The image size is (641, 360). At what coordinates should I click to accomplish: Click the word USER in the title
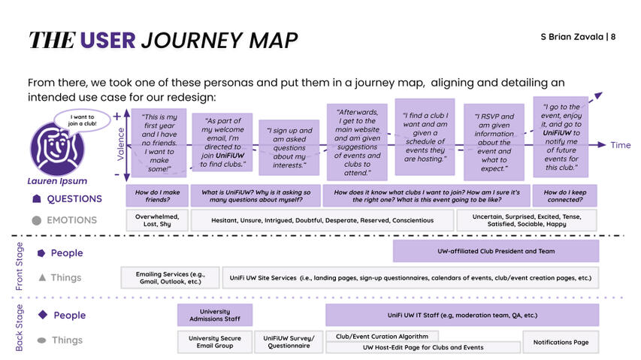[x=107, y=40]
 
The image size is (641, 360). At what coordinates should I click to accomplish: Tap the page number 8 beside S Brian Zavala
[x=612, y=37]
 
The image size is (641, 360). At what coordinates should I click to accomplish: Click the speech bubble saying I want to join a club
[x=82, y=120]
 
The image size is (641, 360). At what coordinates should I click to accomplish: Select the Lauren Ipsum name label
[x=57, y=181]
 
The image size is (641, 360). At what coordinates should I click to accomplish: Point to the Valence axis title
[x=120, y=144]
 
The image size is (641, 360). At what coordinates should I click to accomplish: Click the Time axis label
[x=620, y=145]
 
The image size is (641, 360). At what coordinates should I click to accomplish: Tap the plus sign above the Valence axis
[x=117, y=116]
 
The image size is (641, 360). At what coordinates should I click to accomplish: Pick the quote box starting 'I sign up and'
[x=289, y=147]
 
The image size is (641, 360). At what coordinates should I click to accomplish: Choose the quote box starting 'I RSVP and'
[x=494, y=142]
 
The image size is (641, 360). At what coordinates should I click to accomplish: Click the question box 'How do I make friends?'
[x=157, y=195]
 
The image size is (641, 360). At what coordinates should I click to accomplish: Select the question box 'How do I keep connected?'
[x=564, y=195]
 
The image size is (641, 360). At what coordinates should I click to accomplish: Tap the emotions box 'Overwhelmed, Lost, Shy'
[x=157, y=220]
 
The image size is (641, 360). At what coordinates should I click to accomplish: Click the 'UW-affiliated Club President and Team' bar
[x=496, y=251]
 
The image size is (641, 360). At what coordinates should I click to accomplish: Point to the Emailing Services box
[x=170, y=278]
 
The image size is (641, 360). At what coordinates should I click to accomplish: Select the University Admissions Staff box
[x=215, y=315]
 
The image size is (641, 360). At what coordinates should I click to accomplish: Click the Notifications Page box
[x=561, y=342]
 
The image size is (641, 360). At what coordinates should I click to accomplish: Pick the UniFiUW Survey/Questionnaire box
[x=289, y=342]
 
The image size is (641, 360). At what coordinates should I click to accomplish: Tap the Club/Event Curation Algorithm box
[x=382, y=336]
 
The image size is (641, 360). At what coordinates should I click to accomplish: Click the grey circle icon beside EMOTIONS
[x=36, y=221]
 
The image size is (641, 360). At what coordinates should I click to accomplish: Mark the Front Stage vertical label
[x=20, y=266]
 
